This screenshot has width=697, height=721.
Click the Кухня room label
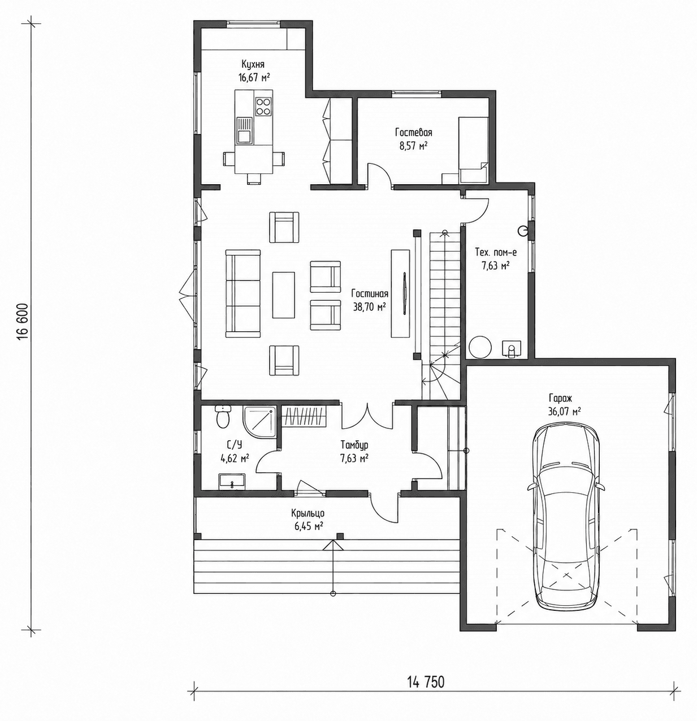(x=253, y=64)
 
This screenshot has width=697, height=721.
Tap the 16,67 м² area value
(x=254, y=78)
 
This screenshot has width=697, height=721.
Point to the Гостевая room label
(x=414, y=132)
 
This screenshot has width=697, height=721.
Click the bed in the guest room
(x=474, y=150)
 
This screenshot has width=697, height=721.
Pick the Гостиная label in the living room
(x=370, y=294)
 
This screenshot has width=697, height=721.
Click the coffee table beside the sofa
(x=284, y=294)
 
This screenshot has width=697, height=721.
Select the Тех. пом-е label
(x=496, y=253)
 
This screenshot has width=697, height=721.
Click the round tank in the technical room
(x=480, y=346)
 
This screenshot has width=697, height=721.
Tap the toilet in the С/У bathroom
(x=223, y=417)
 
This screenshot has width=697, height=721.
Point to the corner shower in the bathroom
(x=259, y=422)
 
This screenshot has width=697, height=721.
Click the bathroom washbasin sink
(x=232, y=481)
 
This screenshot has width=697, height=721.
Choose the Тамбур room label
(x=354, y=445)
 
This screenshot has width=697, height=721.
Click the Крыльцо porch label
(x=308, y=514)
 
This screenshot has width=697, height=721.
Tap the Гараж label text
(x=561, y=398)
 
